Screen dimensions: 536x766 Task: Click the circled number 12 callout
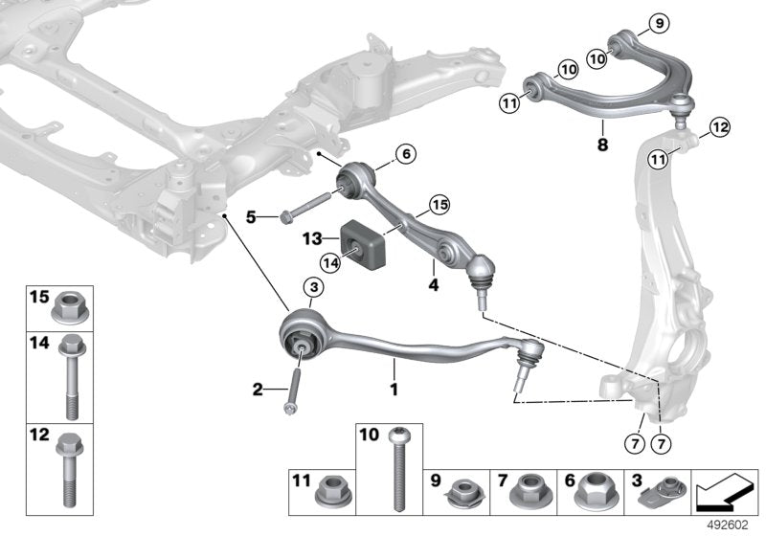[719, 126]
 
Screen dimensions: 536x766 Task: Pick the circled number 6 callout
[404, 153]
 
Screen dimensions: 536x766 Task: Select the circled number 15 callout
[439, 204]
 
